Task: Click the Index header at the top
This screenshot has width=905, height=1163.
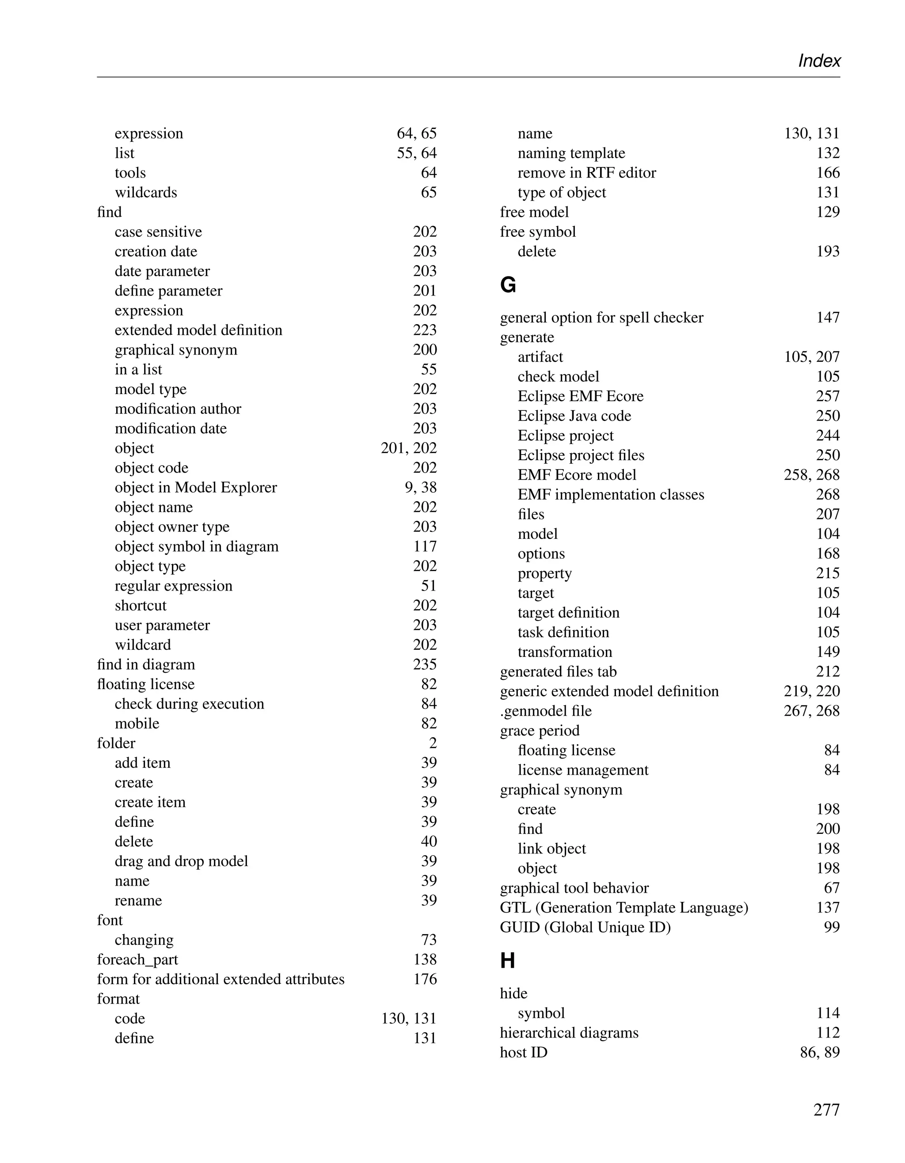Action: click(x=819, y=61)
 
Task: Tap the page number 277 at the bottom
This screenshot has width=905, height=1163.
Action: click(x=826, y=1110)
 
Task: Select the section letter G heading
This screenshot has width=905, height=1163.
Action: click(x=508, y=285)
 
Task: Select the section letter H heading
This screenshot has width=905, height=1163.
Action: click(x=507, y=961)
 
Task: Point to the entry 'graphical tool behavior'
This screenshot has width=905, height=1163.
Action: click(x=574, y=888)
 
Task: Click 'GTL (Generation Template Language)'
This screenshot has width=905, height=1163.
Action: click(x=624, y=907)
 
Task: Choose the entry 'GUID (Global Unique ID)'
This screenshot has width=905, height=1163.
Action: click(x=585, y=927)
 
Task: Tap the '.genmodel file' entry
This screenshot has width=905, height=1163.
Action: click(x=545, y=711)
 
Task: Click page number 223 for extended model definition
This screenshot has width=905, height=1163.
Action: click(x=425, y=330)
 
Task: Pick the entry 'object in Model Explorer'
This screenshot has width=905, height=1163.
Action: click(x=195, y=487)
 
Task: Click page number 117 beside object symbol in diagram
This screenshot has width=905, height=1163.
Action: click(x=425, y=546)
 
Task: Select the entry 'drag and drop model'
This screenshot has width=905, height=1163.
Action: click(x=181, y=861)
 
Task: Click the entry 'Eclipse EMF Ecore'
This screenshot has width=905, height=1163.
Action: click(x=580, y=396)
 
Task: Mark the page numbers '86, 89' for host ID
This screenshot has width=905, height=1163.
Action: click(x=820, y=1052)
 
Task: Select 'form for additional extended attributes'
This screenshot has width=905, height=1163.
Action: click(x=221, y=979)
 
